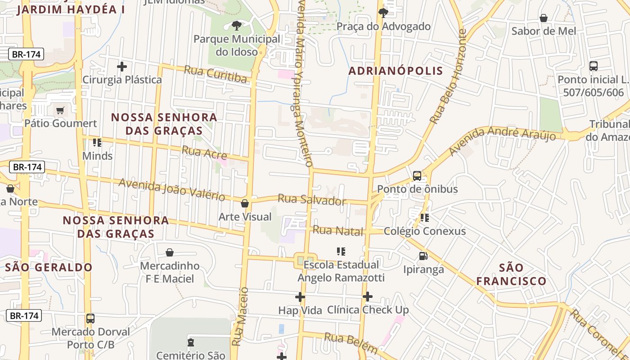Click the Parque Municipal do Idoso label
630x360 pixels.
[237, 45]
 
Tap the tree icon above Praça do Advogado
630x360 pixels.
[383, 12]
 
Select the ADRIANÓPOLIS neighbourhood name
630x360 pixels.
[396, 71]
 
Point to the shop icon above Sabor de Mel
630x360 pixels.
[544, 18]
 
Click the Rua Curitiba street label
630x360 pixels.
[216, 75]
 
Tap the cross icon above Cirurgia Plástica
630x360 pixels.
[121, 67]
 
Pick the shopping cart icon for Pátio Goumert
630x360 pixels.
[60, 110]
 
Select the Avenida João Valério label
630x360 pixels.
[171, 189]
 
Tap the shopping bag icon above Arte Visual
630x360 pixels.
[245, 203]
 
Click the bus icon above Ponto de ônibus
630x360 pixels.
[417, 176]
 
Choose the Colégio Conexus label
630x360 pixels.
[424, 231]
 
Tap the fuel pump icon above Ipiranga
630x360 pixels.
[423, 256]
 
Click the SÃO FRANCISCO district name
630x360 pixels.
[511, 274]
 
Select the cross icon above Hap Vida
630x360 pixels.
[300, 297]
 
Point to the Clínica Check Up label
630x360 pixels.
[368, 310]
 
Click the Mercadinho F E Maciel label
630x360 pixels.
[170, 272]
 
